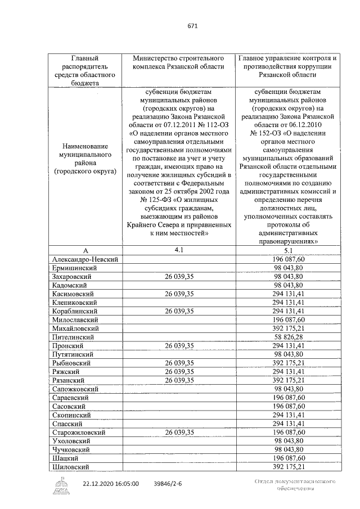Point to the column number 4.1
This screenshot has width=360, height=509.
pyautogui.click(x=178, y=251)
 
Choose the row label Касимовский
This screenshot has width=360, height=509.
pyautogui.click(x=73, y=294)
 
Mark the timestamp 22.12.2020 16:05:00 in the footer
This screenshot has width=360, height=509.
pyautogui.click(x=111, y=483)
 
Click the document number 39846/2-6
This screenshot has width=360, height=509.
pyautogui.click(x=172, y=483)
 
